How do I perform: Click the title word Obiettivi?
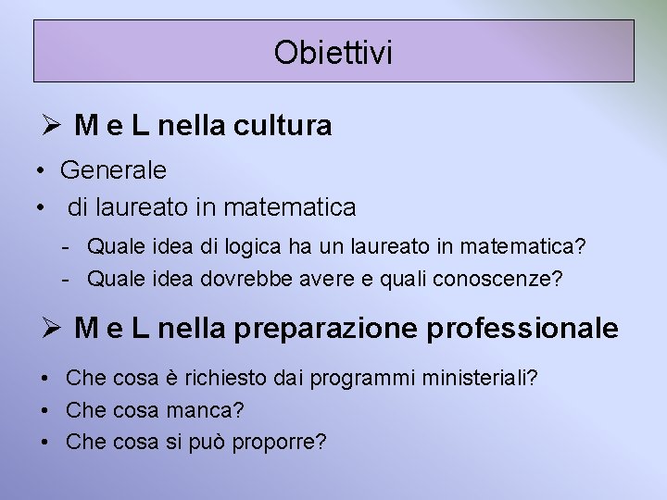coord(333,53)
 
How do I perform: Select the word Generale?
coord(113,170)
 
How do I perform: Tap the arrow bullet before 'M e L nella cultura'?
coord(52,126)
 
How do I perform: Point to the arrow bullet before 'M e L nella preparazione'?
coord(52,327)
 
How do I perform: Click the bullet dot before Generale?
coord(42,171)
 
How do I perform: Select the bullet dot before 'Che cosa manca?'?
coord(44,409)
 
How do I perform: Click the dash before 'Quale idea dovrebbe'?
coord(69,278)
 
